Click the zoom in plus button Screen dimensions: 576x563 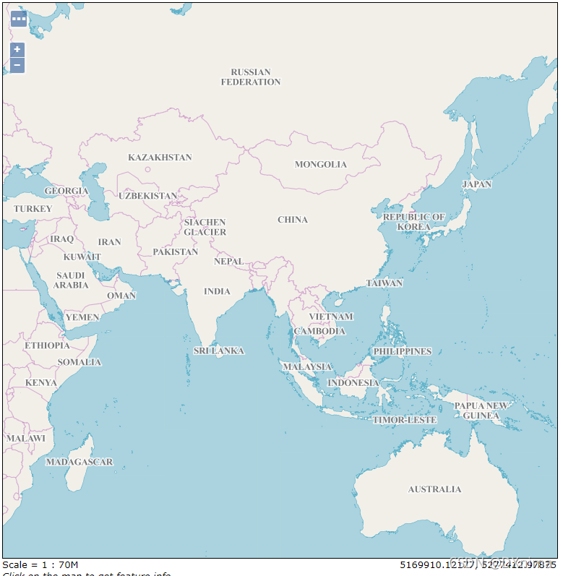click(x=17, y=50)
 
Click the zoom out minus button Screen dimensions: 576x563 click(x=17, y=66)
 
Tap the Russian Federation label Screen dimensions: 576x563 click(x=251, y=77)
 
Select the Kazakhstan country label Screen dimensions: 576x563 click(x=160, y=158)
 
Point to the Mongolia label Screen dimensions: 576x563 click(x=321, y=164)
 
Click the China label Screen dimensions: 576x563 click(x=293, y=220)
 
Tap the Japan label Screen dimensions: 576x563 click(x=477, y=184)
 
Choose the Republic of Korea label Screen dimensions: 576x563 click(x=414, y=221)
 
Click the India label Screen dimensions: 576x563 click(x=217, y=291)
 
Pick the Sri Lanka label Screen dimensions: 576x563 click(x=219, y=351)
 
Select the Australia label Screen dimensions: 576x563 click(x=434, y=489)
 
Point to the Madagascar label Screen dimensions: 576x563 click(x=79, y=462)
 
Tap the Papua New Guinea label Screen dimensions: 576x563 click(x=481, y=410)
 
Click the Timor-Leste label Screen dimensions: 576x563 click(x=405, y=420)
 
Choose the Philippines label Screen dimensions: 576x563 click(x=402, y=351)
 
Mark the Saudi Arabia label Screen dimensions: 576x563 click(x=71, y=280)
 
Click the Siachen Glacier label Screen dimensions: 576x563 click(x=205, y=227)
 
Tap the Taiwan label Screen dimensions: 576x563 click(x=384, y=283)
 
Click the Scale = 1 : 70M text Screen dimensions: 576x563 click(x=40, y=564)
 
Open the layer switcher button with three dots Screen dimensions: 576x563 click(x=19, y=18)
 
